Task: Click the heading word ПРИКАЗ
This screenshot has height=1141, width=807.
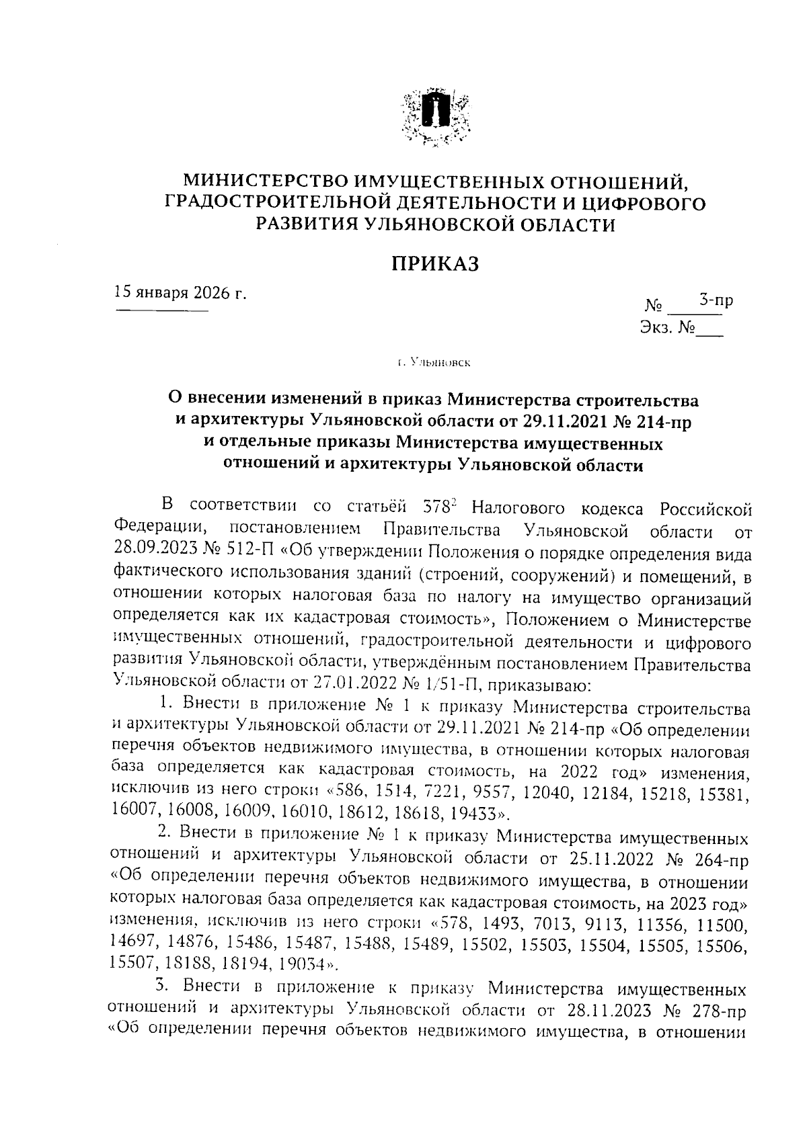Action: pyautogui.click(x=435, y=263)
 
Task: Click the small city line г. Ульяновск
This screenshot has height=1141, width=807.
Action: pyautogui.click(x=434, y=364)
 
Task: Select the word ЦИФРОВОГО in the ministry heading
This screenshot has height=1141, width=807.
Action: pyautogui.click(x=642, y=202)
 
